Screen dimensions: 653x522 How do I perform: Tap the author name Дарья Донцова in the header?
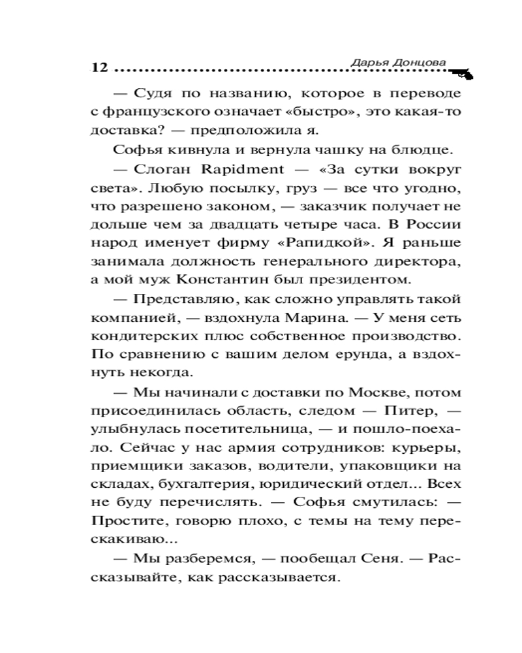tap(399, 61)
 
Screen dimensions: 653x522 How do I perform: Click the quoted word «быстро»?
tap(297, 112)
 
